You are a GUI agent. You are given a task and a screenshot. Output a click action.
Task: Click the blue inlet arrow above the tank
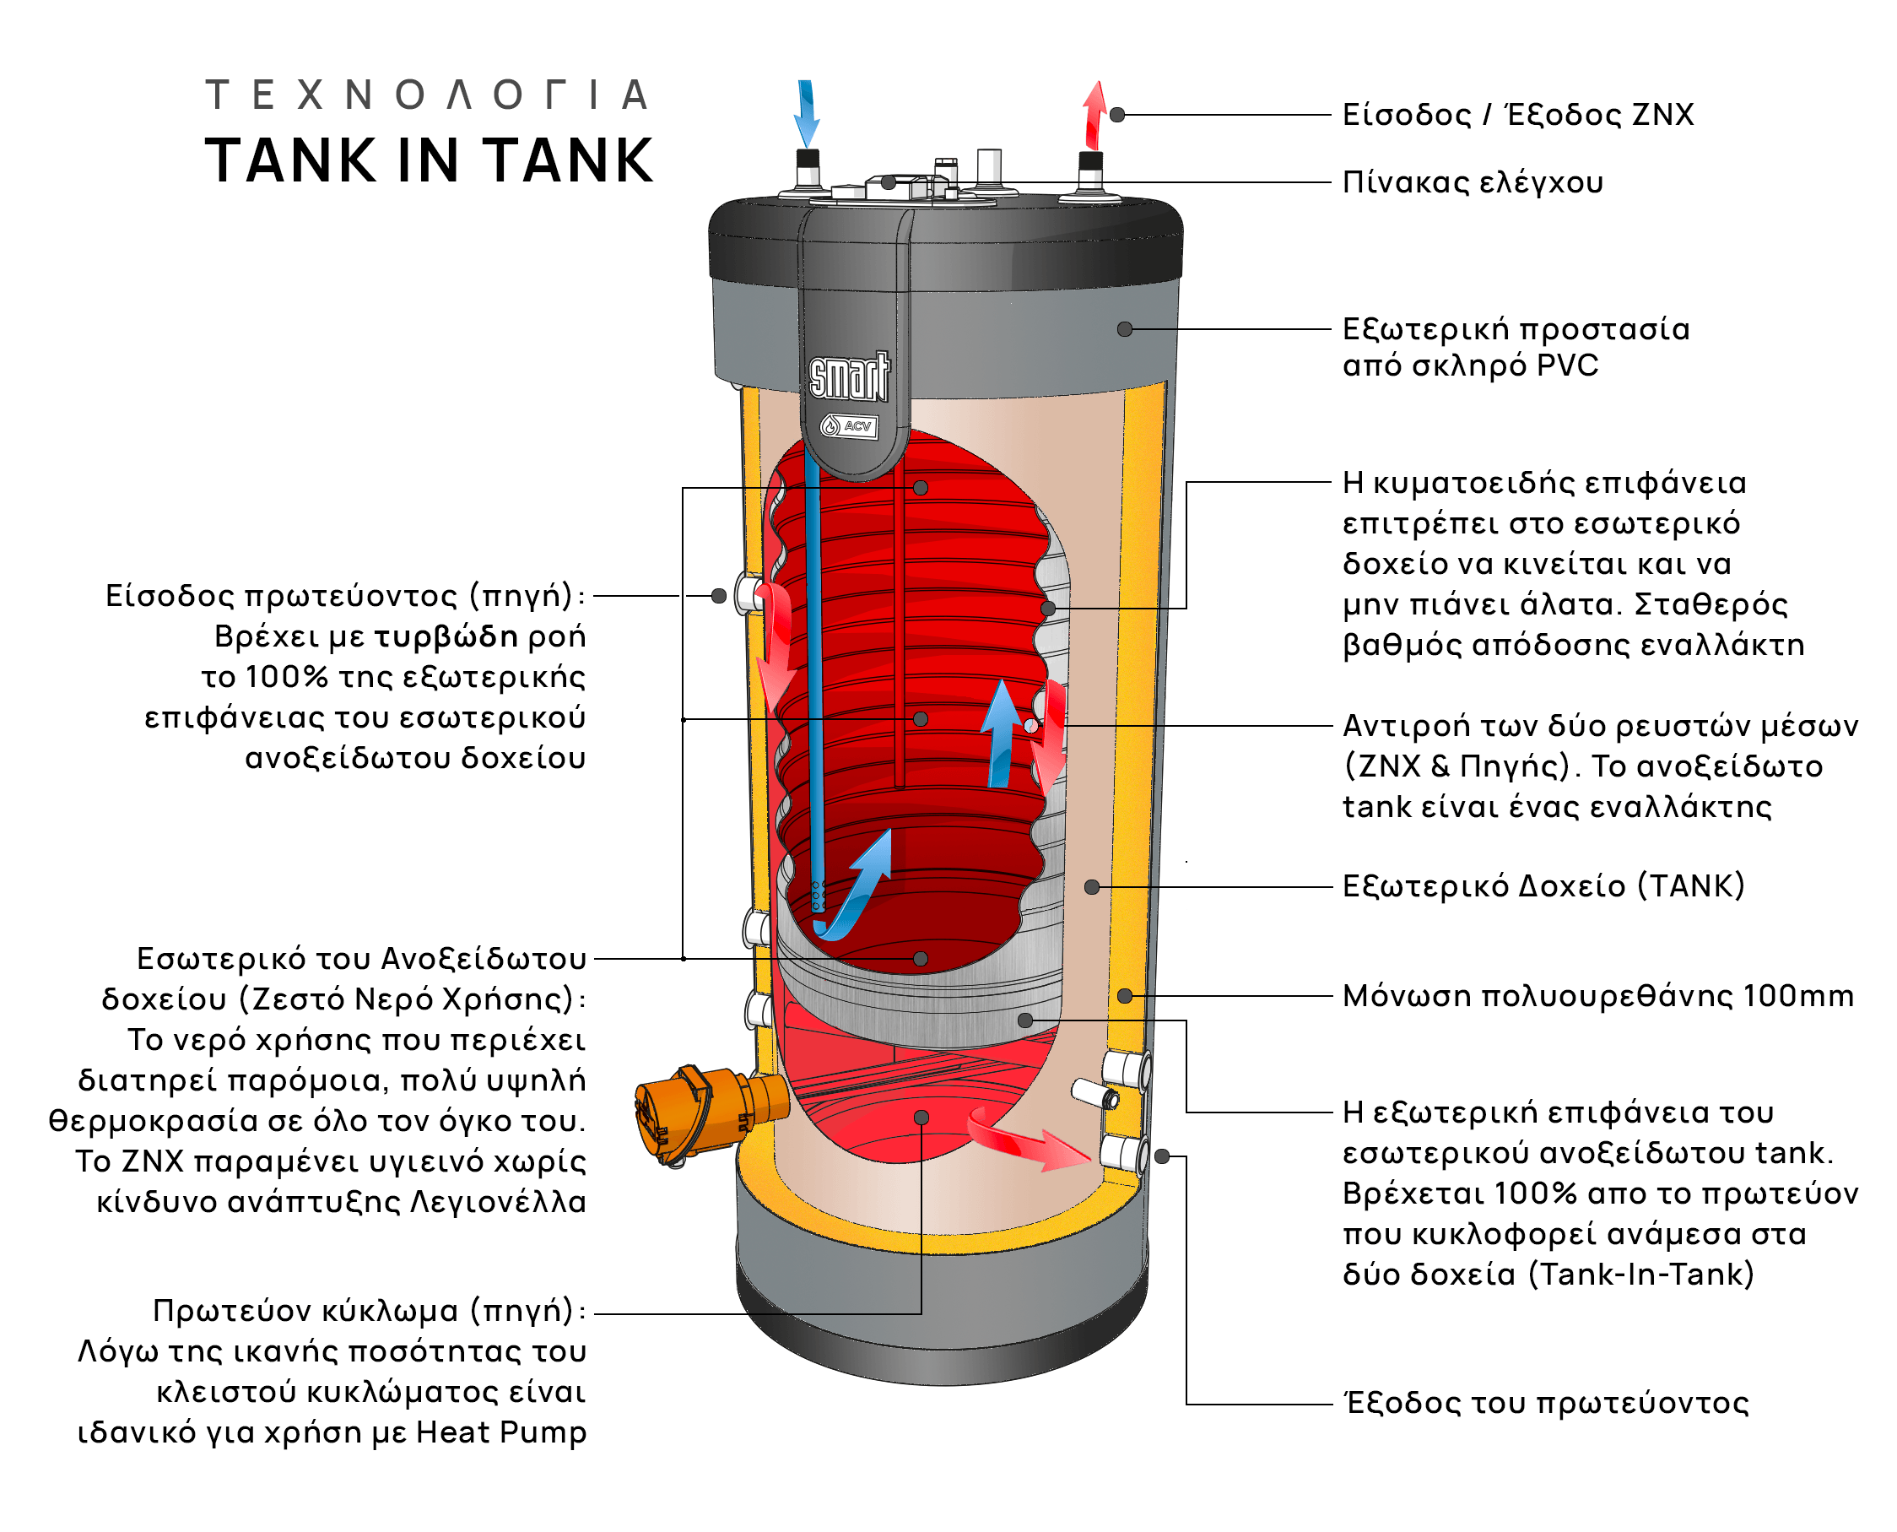(x=806, y=113)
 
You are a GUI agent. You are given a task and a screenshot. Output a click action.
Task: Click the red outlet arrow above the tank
(x=1095, y=115)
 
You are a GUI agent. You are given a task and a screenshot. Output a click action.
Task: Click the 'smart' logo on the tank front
(x=849, y=376)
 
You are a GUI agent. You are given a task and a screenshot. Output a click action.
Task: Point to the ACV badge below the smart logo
(x=849, y=426)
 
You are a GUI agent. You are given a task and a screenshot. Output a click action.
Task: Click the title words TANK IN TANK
(x=429, y=160)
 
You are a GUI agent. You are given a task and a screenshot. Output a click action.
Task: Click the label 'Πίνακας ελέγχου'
(x=1472, y=182)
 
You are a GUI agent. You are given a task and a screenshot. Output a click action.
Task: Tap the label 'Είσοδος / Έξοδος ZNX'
(x=1517, y=115)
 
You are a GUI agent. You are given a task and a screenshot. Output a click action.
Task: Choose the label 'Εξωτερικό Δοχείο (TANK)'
(x=1543, y=886)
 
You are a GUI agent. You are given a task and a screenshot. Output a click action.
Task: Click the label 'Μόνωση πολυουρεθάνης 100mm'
(x=1597, y=996)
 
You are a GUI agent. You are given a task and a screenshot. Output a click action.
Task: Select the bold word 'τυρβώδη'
(x=446, y=636)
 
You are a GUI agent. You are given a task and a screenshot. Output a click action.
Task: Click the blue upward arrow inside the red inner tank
(x=1002, y=733)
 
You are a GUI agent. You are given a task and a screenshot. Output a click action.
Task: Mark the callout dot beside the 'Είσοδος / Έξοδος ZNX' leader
(x=1117, y=115)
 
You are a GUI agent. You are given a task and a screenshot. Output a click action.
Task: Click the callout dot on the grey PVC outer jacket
(x=1124, y=329)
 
